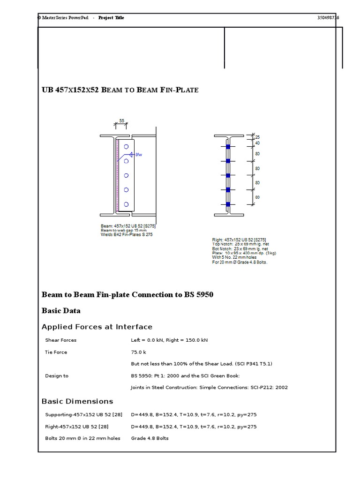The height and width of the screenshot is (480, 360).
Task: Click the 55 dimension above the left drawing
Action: (121, 120)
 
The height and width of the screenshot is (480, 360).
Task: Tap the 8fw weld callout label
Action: (138, 154)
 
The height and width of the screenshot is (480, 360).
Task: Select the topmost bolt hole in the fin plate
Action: (126, 147)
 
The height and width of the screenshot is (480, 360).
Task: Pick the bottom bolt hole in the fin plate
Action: (126, 204)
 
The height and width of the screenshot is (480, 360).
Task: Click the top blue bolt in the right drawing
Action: (228, 147)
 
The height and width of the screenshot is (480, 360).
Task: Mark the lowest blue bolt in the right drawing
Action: (228, 204)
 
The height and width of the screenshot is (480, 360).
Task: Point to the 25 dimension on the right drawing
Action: (257, 137)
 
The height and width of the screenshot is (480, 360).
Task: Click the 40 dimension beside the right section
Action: (257, 143)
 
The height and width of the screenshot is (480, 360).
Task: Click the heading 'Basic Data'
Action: (61, 311)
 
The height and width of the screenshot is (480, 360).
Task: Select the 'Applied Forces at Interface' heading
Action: (97, 327)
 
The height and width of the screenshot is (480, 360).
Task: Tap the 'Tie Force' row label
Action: (56, 352)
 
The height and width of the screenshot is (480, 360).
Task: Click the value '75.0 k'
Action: (138, 352)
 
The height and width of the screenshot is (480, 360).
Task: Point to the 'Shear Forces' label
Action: (60, 340)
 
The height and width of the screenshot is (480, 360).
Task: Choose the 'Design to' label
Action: (56, 376)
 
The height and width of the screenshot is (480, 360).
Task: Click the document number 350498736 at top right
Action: (328, 18)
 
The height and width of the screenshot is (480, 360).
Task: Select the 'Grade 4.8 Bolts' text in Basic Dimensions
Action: (150, 438)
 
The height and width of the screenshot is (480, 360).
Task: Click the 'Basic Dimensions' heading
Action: (77, 401)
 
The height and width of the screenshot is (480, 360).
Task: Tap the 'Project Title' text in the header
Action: (111, 18)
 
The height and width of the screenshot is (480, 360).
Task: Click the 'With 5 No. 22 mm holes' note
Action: (237, 257)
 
